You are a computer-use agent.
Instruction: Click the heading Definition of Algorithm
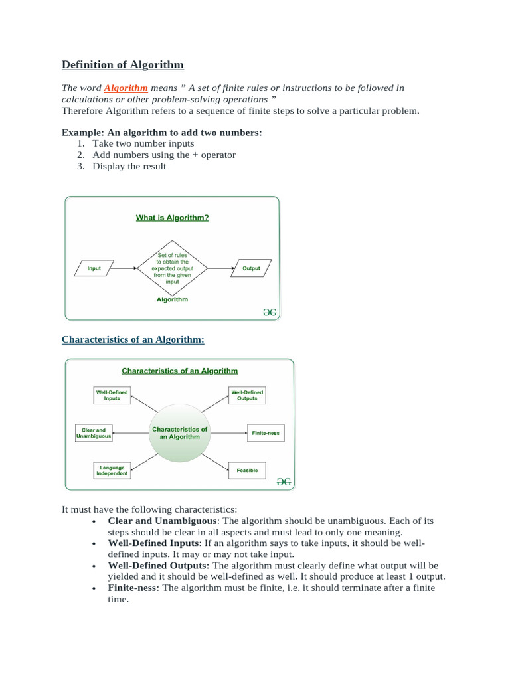123,64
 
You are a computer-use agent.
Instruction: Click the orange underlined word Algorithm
126,88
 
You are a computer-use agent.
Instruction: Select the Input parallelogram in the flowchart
94,268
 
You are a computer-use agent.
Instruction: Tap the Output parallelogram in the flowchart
251,268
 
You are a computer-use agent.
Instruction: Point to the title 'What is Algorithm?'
172,217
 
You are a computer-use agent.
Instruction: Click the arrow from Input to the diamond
125,268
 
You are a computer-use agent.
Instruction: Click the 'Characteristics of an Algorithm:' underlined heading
133,339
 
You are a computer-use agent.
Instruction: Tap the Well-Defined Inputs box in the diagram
112,395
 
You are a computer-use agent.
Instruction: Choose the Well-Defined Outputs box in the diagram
246,395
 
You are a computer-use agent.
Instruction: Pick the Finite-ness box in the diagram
266,433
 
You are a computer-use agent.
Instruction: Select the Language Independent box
112,471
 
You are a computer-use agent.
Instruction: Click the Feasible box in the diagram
247,471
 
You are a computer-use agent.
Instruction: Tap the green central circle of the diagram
179,432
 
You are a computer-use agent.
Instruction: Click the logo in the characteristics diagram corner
284,483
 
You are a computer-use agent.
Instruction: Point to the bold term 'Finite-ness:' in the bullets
133,588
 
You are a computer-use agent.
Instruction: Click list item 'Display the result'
129,166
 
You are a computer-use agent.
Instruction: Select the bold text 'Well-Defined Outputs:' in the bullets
159,565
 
